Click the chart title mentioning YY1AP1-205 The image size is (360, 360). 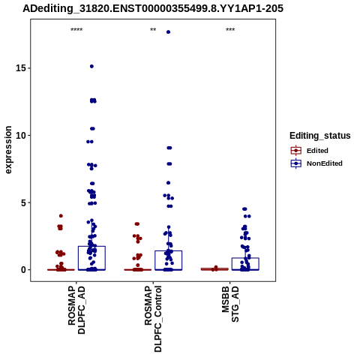[x=153, y=8]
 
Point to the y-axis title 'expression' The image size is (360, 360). [x=8, y=150]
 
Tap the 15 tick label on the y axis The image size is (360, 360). [x=21, y=68]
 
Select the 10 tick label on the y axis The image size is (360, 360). [x=21, y=135]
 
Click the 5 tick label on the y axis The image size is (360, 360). [x=24, y=202]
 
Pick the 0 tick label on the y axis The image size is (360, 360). [x=24, y=270]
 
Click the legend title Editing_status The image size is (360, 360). [x=320, y=136]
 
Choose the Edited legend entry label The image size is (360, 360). [x=317, y=151]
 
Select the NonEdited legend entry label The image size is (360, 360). [x=325, y=163]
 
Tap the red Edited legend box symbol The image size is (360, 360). [x=296, y=151]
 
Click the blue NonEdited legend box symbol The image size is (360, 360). [x=296, y=163]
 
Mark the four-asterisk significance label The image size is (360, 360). [x=76, y=30]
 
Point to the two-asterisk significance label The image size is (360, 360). [x=153, y=30]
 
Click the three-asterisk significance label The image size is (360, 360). [x=230, y=30]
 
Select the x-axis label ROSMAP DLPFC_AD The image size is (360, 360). [x=76, y=310]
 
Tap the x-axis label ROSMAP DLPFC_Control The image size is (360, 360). [x=153, y=319]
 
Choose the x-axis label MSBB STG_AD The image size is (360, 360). [x=230, y=304]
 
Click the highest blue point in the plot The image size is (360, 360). [x=168, y=32]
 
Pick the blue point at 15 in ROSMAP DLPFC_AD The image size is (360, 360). [x=91, y=66]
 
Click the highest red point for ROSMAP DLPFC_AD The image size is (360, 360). [x=61, y=216]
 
